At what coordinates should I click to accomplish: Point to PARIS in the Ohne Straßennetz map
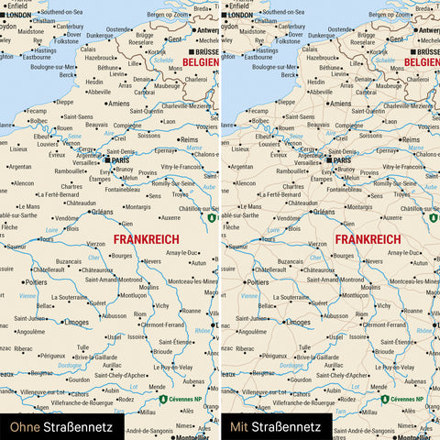(119, 159)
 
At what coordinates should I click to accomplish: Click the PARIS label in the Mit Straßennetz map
(341, 159)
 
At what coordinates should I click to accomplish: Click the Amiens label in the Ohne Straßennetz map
(118, 104)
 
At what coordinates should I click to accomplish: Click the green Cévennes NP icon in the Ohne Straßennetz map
(162, 400)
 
